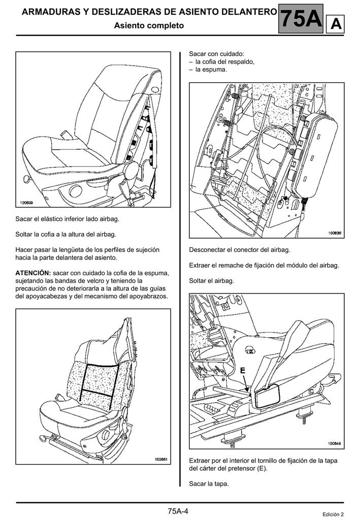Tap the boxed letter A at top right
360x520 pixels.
(x=336, y=24)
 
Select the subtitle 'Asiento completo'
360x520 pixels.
(x=149, y=25)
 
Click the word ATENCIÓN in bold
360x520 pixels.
(x=32, y=273)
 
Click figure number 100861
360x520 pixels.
(x=161, y=460)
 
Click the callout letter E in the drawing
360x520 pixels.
(x=243, y=371)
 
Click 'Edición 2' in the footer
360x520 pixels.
(x=333, y=514)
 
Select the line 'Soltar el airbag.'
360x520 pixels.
(x=212, y=281)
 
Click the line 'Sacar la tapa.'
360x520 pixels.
(x=209, y=483)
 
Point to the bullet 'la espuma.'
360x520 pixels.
(x=211, y=69)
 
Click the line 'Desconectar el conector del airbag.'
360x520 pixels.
(x=240, y=250)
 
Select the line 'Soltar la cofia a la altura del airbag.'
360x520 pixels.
(x=66, y=234)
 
